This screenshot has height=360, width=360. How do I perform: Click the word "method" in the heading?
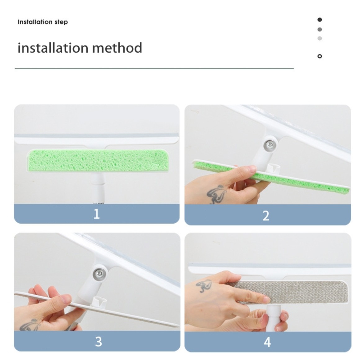pos(117,48)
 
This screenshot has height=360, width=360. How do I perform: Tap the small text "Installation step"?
pos(43,22)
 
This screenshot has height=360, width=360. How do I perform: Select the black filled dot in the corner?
pos(320,20)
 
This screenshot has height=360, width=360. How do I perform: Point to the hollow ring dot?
pos(320,56)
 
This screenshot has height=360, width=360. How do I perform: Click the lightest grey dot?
pos(320,38)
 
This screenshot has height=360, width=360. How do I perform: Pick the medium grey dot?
pos(320,29)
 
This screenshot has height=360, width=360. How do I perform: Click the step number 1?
pos(97,214)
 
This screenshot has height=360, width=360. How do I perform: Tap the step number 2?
pos(266,216)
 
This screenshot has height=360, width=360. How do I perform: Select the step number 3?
pos(98,342)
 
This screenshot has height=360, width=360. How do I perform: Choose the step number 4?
pos(267,342)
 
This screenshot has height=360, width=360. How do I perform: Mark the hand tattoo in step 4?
pos(204,286)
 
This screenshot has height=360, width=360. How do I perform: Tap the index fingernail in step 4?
pos(266,299)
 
